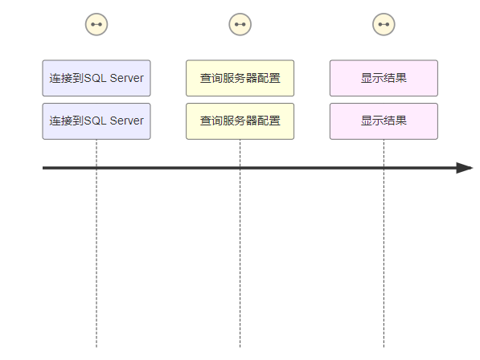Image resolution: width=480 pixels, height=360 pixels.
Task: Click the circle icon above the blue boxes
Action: pos(96,24)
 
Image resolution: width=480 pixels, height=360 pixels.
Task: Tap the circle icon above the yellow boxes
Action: pos(240,24)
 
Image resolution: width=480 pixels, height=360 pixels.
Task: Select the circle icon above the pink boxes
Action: pos(384,24)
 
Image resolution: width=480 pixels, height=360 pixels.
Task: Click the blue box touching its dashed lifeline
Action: pos(96,121)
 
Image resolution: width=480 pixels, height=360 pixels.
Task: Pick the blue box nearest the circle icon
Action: pos(96,78)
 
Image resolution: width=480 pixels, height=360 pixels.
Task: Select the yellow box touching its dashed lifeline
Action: pos(240,121)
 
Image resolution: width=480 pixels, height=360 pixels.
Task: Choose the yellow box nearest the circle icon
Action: pos(240,78)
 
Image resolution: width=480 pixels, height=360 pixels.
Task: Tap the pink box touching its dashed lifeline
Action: pos(384,121)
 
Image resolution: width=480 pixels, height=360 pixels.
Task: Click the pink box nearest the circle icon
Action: pos(384,78)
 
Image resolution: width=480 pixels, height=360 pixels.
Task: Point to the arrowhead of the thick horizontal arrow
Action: pos(472,168)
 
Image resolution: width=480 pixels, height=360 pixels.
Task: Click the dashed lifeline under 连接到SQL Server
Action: pos(96,243)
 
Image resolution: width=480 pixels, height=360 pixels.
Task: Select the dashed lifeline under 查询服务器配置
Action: pos(240,243)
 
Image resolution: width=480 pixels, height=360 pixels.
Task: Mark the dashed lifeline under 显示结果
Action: pos(384,243)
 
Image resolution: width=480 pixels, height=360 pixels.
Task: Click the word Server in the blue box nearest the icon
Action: pos(126,78)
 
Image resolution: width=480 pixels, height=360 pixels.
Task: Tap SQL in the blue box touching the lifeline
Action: pos(95,121)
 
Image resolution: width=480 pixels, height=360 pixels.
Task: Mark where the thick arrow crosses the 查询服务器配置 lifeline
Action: pos(240,168)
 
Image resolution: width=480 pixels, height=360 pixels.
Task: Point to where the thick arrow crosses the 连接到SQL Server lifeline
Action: pos(96,168)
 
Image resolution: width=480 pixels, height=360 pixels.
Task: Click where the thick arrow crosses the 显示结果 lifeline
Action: pos(384,168)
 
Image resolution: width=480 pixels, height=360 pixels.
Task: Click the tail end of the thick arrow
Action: pos(43,168)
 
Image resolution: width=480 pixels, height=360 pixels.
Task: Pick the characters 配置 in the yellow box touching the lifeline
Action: pos(269,121)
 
